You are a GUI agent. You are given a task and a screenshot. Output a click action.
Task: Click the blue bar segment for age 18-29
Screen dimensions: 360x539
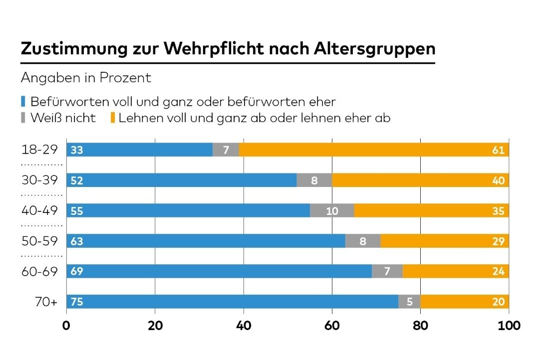140,150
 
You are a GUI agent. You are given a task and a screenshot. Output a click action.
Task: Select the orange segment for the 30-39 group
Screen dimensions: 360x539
419,180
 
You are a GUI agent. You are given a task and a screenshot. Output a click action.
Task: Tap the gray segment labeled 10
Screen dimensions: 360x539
332,211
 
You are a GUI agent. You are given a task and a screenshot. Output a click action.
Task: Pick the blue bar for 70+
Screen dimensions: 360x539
232,302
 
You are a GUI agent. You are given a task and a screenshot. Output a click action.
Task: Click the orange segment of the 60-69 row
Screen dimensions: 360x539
455,272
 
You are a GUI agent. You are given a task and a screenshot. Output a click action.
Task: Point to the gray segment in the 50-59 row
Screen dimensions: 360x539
363,241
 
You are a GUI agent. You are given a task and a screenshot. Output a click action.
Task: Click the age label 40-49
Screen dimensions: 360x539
40,210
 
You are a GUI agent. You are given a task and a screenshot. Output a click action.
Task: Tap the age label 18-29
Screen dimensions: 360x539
40,149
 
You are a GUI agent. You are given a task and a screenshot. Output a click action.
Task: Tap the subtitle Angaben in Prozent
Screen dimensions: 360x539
86,78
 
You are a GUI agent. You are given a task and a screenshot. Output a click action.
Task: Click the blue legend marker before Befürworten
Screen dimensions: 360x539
23,102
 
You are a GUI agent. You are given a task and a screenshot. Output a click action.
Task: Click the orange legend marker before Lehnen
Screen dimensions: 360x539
113,118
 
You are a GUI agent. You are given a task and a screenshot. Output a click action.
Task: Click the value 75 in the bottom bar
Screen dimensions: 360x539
76,302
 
